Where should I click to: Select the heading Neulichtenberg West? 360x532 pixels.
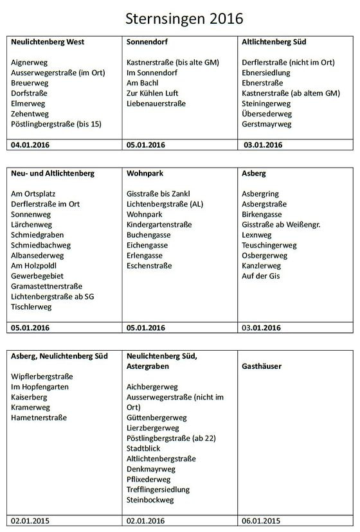(x=48, y=42)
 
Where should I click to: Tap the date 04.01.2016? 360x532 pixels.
(x=31, y=145)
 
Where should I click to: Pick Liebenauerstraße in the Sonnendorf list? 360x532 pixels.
(x=156, y=103)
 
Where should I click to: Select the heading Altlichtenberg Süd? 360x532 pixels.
(x=274, y=42)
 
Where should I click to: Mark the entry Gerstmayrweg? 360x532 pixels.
(x=267, y=124)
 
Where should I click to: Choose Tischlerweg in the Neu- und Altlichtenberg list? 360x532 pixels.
(x=32, y=306)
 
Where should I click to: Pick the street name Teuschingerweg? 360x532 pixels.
(x=269, y=245)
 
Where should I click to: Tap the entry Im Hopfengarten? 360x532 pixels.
(x=40, y=387)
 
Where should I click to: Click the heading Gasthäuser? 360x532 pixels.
(x=262, y=366)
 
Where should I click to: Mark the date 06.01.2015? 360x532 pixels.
(x=262, y=520)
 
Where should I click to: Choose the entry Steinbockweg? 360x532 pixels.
(x=150, y=500)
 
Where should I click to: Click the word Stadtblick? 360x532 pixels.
(x=145, y=448)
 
